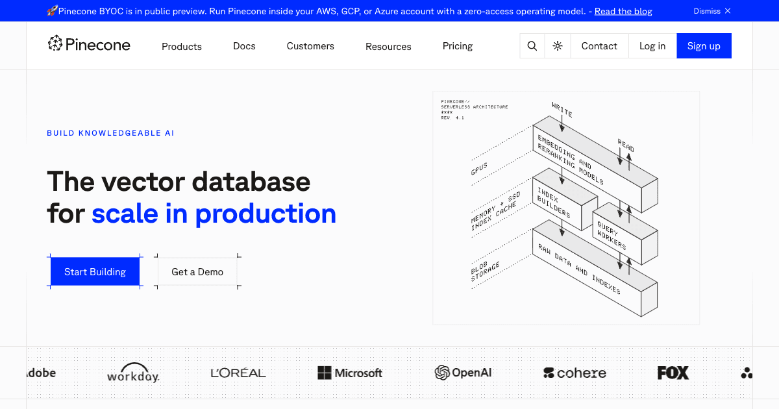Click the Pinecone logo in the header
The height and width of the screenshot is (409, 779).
(89, 44)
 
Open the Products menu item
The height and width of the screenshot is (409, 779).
(182, 47)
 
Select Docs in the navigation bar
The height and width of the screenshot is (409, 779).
(244, 46)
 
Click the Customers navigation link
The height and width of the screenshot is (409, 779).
(310, 46)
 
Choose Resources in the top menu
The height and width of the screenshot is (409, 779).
(388, 47)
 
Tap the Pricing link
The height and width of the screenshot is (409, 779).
(458, 46)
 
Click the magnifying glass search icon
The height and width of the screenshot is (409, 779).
(532, 46)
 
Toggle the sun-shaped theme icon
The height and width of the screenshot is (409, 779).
(558, 46)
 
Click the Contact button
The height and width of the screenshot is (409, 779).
(599, 46)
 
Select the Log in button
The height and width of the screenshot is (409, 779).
(652, 46)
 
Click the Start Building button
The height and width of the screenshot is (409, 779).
(95, 272)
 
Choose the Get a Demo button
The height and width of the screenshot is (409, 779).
(197, 272)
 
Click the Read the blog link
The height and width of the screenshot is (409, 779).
(623, 11)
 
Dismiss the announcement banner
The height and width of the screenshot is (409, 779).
(712, 11)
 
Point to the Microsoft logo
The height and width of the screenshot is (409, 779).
(350, 373)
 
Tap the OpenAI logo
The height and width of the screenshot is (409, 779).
(463, 373)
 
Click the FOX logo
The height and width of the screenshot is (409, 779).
(673, 373)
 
